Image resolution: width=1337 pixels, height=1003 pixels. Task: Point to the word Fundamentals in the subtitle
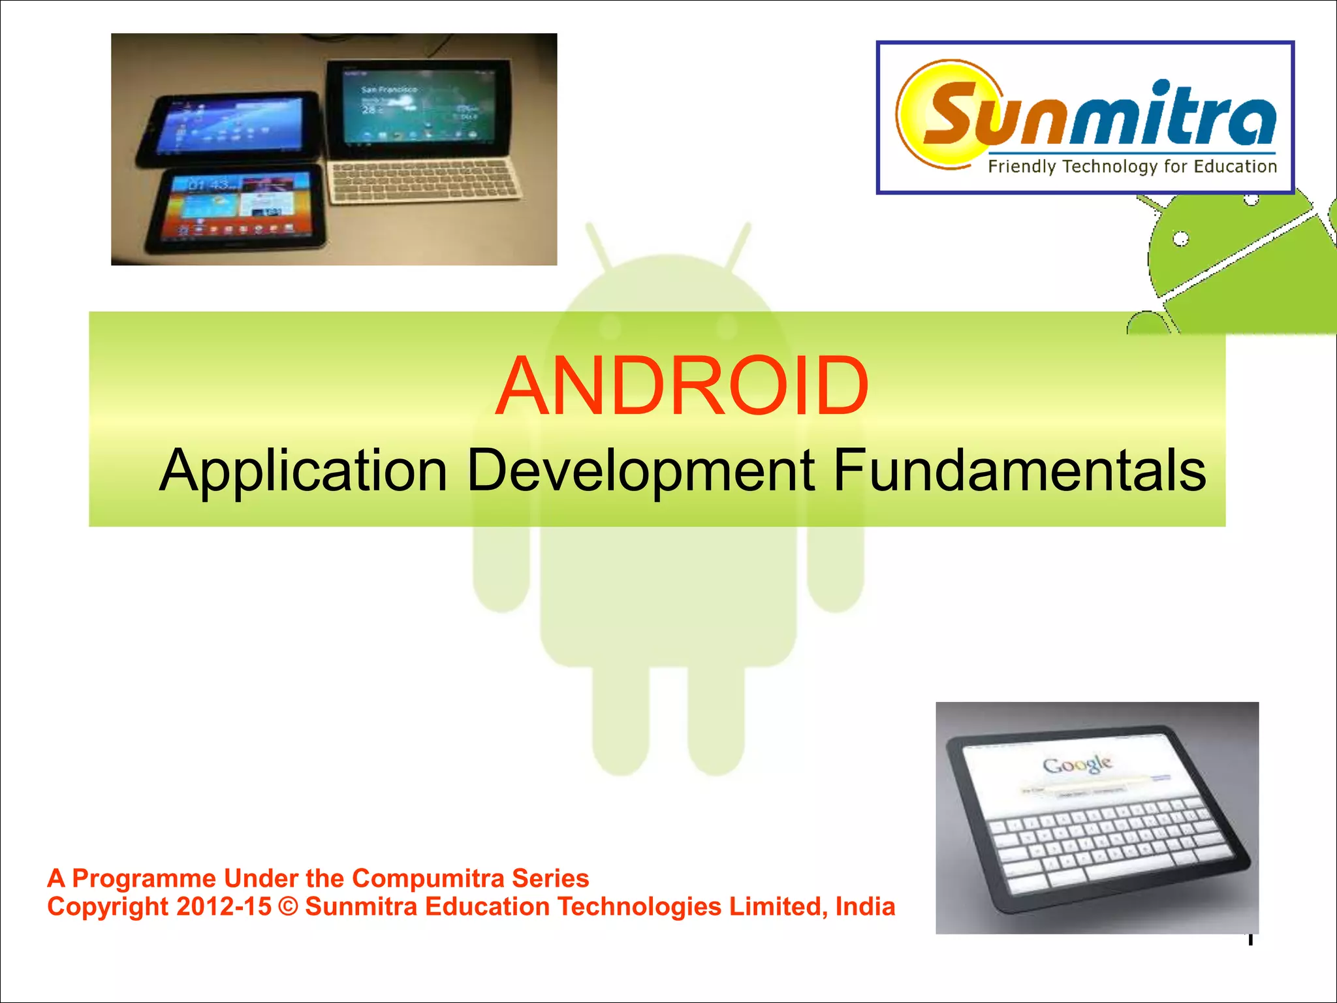point(1020,470)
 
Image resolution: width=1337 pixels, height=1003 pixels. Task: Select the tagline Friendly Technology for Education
point(1132,167)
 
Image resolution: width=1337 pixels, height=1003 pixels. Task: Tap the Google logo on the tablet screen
point(1077,764)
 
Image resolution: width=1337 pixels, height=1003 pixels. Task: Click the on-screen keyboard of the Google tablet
point(1103,842)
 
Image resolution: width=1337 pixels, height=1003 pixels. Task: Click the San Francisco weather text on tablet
point(389,89)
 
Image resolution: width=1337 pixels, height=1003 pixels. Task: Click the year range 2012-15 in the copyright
point(224,907)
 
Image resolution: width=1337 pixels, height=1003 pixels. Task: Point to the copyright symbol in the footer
point(287,907)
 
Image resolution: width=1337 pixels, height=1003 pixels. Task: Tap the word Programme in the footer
point(144,878)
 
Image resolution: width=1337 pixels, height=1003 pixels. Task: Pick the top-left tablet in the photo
point(228,127)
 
